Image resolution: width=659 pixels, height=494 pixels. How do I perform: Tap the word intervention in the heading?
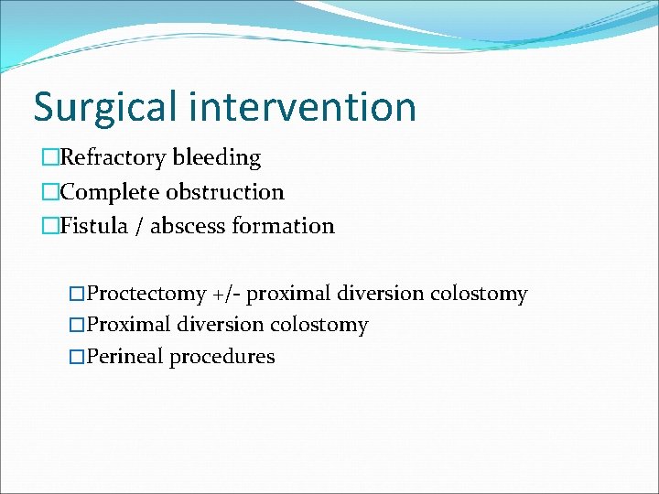coord(303,106)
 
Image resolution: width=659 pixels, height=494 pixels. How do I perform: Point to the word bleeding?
coord(217,158)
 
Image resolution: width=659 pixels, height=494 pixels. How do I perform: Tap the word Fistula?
coord(95,226)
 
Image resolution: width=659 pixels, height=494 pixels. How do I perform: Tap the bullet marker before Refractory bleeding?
coord(49,158)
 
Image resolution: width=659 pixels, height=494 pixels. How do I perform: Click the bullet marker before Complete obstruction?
coord(49,193)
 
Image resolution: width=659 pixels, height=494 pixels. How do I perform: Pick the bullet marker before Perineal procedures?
coord(77,357)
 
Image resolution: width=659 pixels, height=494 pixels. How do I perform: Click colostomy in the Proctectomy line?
coord(479,295)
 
